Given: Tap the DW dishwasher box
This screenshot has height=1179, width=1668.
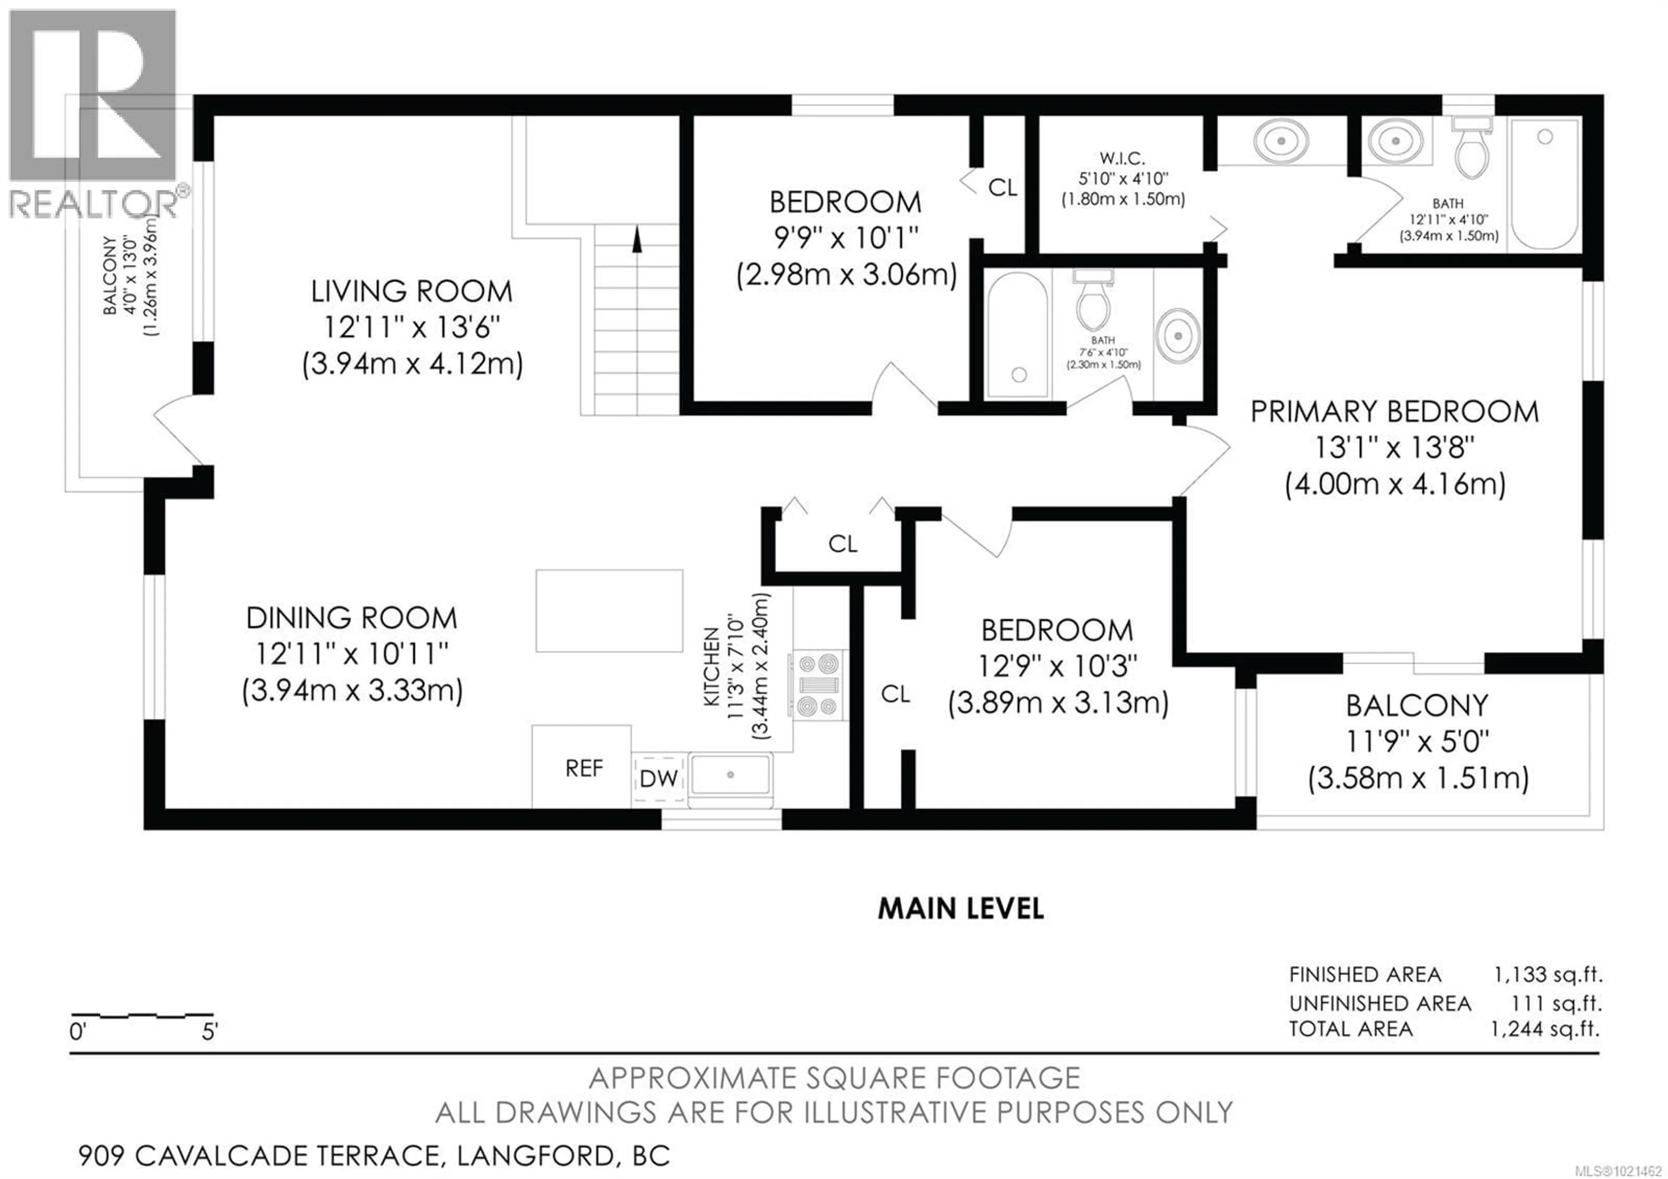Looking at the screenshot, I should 658,779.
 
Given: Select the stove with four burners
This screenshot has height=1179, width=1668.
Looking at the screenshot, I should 819,685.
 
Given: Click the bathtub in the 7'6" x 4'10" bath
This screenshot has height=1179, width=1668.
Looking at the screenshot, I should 1017,334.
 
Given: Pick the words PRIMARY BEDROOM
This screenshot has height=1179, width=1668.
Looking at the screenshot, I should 1394,412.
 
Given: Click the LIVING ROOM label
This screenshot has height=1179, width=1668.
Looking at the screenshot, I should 411,291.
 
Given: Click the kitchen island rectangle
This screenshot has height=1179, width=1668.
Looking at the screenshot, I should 609,610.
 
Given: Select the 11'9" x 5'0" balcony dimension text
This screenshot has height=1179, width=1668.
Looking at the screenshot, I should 1417,742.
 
